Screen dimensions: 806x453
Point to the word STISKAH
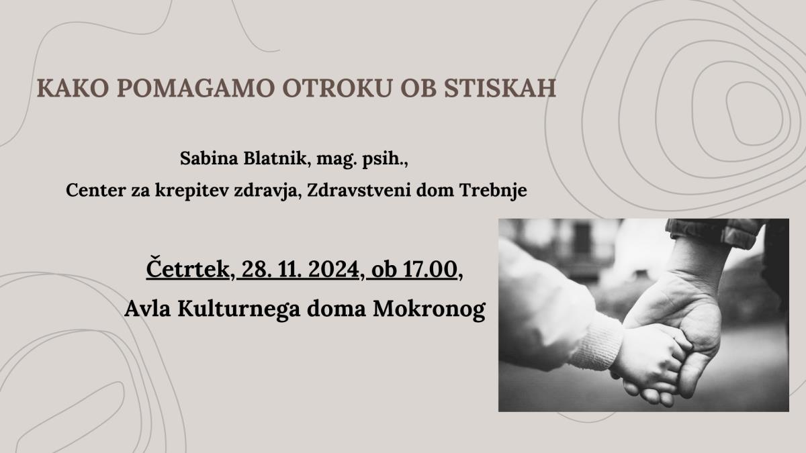click(x=500, y=88)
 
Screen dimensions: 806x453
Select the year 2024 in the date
click(x=334, y=269)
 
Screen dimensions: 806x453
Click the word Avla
click(x=148, y=309)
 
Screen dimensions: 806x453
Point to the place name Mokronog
click(x=429, y=309)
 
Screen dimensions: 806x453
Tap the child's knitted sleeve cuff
click(x=596, y=342)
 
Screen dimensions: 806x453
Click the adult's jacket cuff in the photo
click(x=714, y=232)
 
